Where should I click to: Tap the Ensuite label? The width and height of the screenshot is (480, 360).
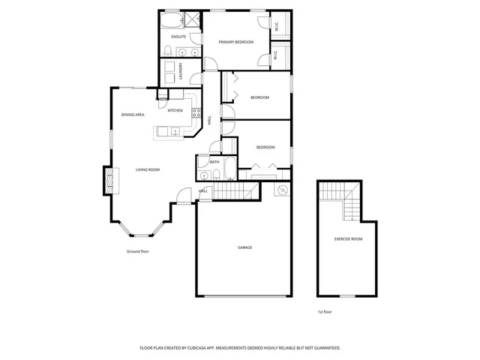[x=178, y=37]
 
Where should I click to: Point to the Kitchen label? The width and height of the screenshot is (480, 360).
[x=175, y=110]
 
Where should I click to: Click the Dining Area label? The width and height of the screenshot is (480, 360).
[x=133, y=114]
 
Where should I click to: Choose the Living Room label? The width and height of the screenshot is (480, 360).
[x=148, y=169]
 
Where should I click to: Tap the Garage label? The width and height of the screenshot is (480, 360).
[x=244, y=247]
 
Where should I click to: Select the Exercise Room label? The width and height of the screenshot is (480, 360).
[x=348, y=238]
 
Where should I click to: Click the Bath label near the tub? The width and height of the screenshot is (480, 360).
[x=214, y=162]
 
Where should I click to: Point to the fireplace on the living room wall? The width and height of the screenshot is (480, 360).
[x=109, y=181]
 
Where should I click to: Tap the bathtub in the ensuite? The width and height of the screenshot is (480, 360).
[x=170, y=20]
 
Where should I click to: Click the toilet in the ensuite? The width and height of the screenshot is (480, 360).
[x=170, y=51]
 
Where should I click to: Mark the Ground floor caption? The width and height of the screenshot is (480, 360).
[x=138, y=251]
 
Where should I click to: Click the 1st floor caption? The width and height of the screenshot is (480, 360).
[x=325, y=310]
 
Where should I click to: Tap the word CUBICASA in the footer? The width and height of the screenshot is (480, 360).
[x=215, y=348]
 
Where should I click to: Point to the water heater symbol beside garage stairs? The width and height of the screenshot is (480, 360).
[x=282, y=190]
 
